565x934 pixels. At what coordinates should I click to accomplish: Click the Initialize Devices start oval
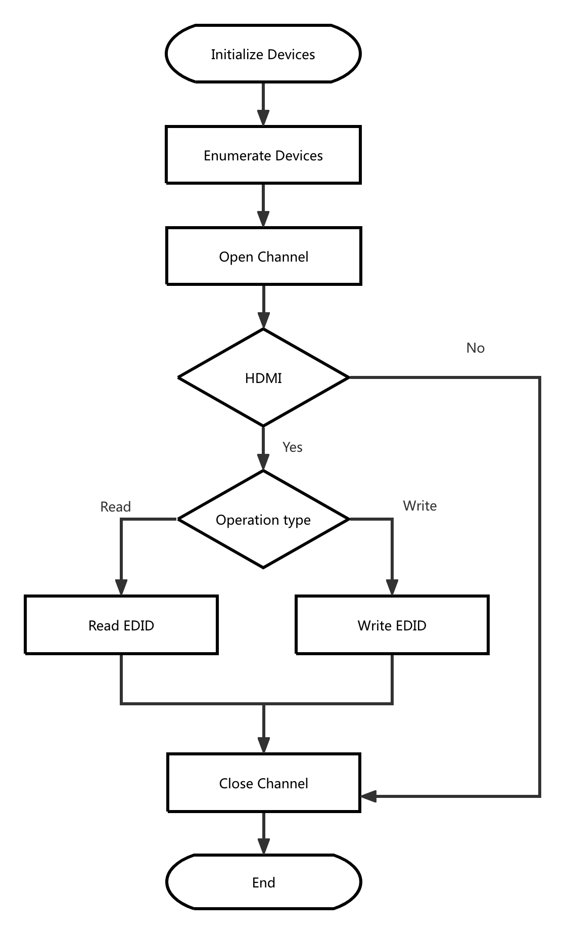tap(263, 54)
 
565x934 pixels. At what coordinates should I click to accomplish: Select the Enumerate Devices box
tap(263, 155)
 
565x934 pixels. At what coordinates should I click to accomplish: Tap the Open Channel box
tap(263, 256)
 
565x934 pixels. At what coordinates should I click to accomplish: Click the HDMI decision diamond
tap(263, 377)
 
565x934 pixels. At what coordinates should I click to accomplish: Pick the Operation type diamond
tap(263, 519)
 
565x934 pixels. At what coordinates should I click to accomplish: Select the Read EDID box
tap(121, 625)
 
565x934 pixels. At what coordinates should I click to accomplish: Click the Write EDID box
tap(392, 625)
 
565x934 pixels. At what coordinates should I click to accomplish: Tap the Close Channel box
tap(263, 783)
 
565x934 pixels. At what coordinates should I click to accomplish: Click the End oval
tap(263, 882)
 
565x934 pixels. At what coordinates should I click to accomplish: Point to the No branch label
tap(475, 348)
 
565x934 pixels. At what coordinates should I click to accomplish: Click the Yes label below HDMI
tap(292, 447)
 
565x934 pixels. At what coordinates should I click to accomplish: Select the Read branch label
tap(115, 506)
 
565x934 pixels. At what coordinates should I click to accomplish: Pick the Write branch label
tap(419, 505)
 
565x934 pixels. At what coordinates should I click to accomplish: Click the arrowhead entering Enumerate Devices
tap(263, 118)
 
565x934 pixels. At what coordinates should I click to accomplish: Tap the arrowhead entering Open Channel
tap(263, 220)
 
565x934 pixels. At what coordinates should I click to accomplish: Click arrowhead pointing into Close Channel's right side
tap(368, 796)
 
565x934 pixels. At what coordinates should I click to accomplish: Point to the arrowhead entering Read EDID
tap(121, 588)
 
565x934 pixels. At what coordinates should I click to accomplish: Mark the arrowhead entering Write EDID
tap(392, 588)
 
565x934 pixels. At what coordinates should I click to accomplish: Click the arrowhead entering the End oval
tap(263, 846)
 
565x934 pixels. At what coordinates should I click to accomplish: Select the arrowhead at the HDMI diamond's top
tap(263, 321)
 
